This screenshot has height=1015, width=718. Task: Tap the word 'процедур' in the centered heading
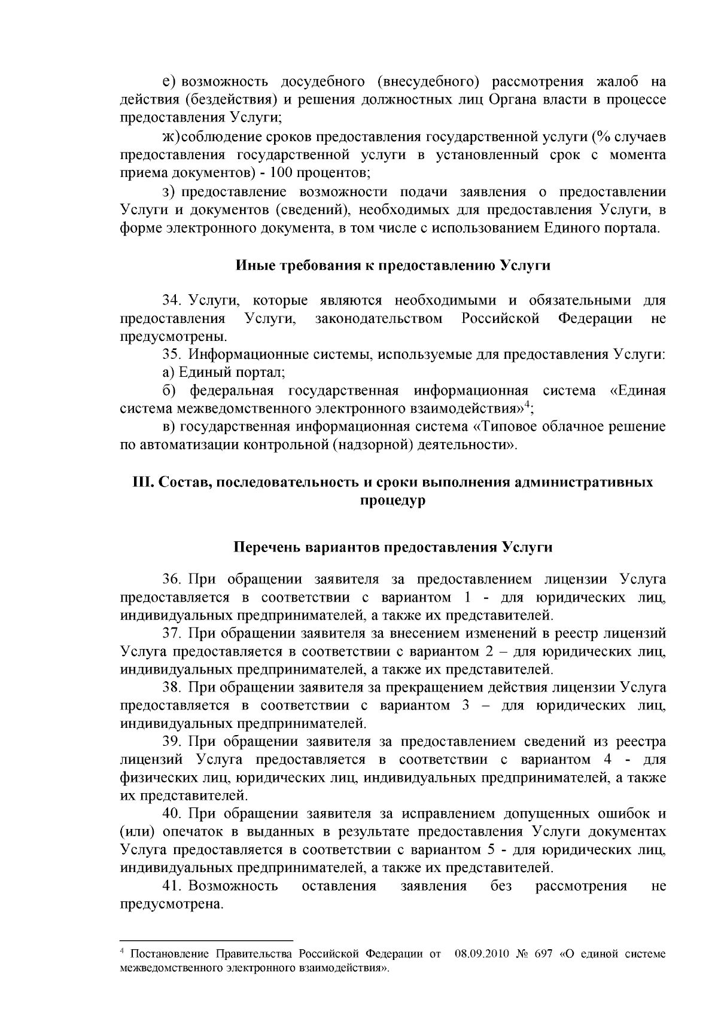tap(393, 500)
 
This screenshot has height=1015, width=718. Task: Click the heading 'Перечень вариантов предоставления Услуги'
tap(393, 547)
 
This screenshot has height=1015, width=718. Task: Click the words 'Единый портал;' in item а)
tap(232, 373)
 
